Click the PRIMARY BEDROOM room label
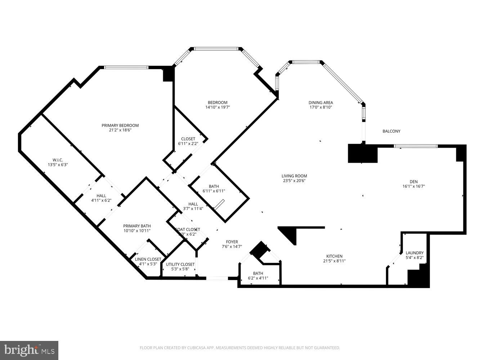(x=120, y=125)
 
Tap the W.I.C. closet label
(x=58, y=160)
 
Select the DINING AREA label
(x=320, y=102)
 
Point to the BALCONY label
(x=391, y=131)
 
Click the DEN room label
(x=410, y=181)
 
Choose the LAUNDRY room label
(x=414, y=253)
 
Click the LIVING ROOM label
(x=294, y=176)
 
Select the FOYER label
(x=232, y=242)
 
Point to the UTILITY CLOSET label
(x=180, y=264)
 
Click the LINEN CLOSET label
(x=148, y=259)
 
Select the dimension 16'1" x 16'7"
(x=410, y=186)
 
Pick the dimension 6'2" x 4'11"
(x=258, y=278)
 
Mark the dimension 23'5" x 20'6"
(x=294, y=181)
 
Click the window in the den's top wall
(x=416, y=146)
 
